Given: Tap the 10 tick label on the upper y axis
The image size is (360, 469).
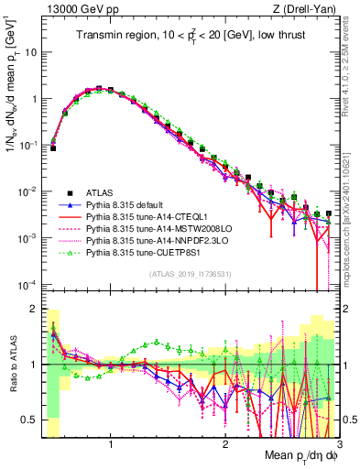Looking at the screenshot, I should [x=29, y=52].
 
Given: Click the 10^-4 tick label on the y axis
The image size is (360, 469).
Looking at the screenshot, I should [x=27, y=285].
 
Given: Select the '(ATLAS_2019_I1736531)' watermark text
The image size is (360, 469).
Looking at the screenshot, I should [x=190, y=275].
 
